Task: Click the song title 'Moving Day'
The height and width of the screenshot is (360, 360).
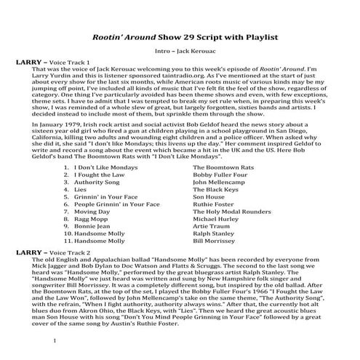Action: pyautogui.click(x=94, y=214)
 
